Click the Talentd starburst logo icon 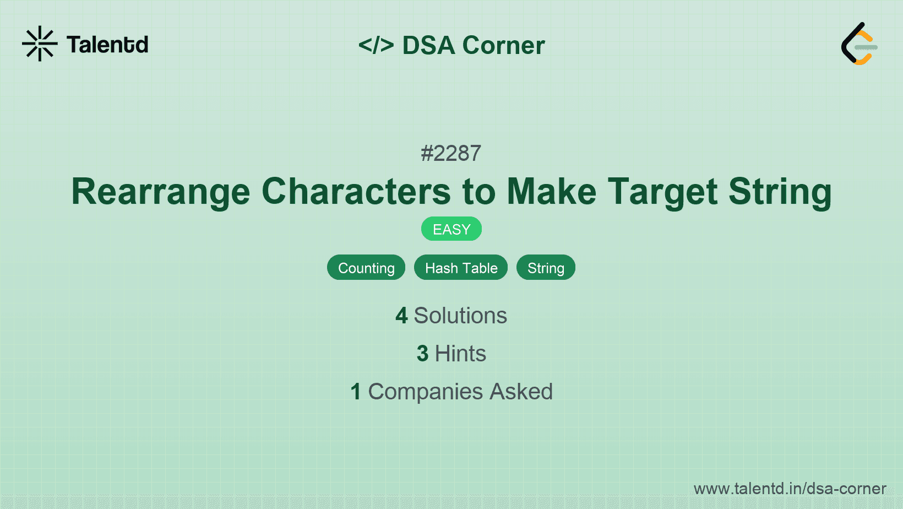point(40,44)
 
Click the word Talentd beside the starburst point(107,45)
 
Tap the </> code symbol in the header point(376,45)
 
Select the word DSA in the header point(428,45)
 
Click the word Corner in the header point(503,45)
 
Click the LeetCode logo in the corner point(859,44)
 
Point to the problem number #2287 point(451,153)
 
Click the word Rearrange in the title point(161,192)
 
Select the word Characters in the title point(356,192)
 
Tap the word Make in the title point(551,192)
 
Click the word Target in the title point(662,192)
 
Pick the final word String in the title point(780,192)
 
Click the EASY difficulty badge point(452,229)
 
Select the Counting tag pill point(366,268)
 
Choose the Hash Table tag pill point(461,268)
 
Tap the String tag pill point(546,268)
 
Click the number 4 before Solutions point(401,316)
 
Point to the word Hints point(460,354)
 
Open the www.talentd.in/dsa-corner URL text point(790,489)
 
